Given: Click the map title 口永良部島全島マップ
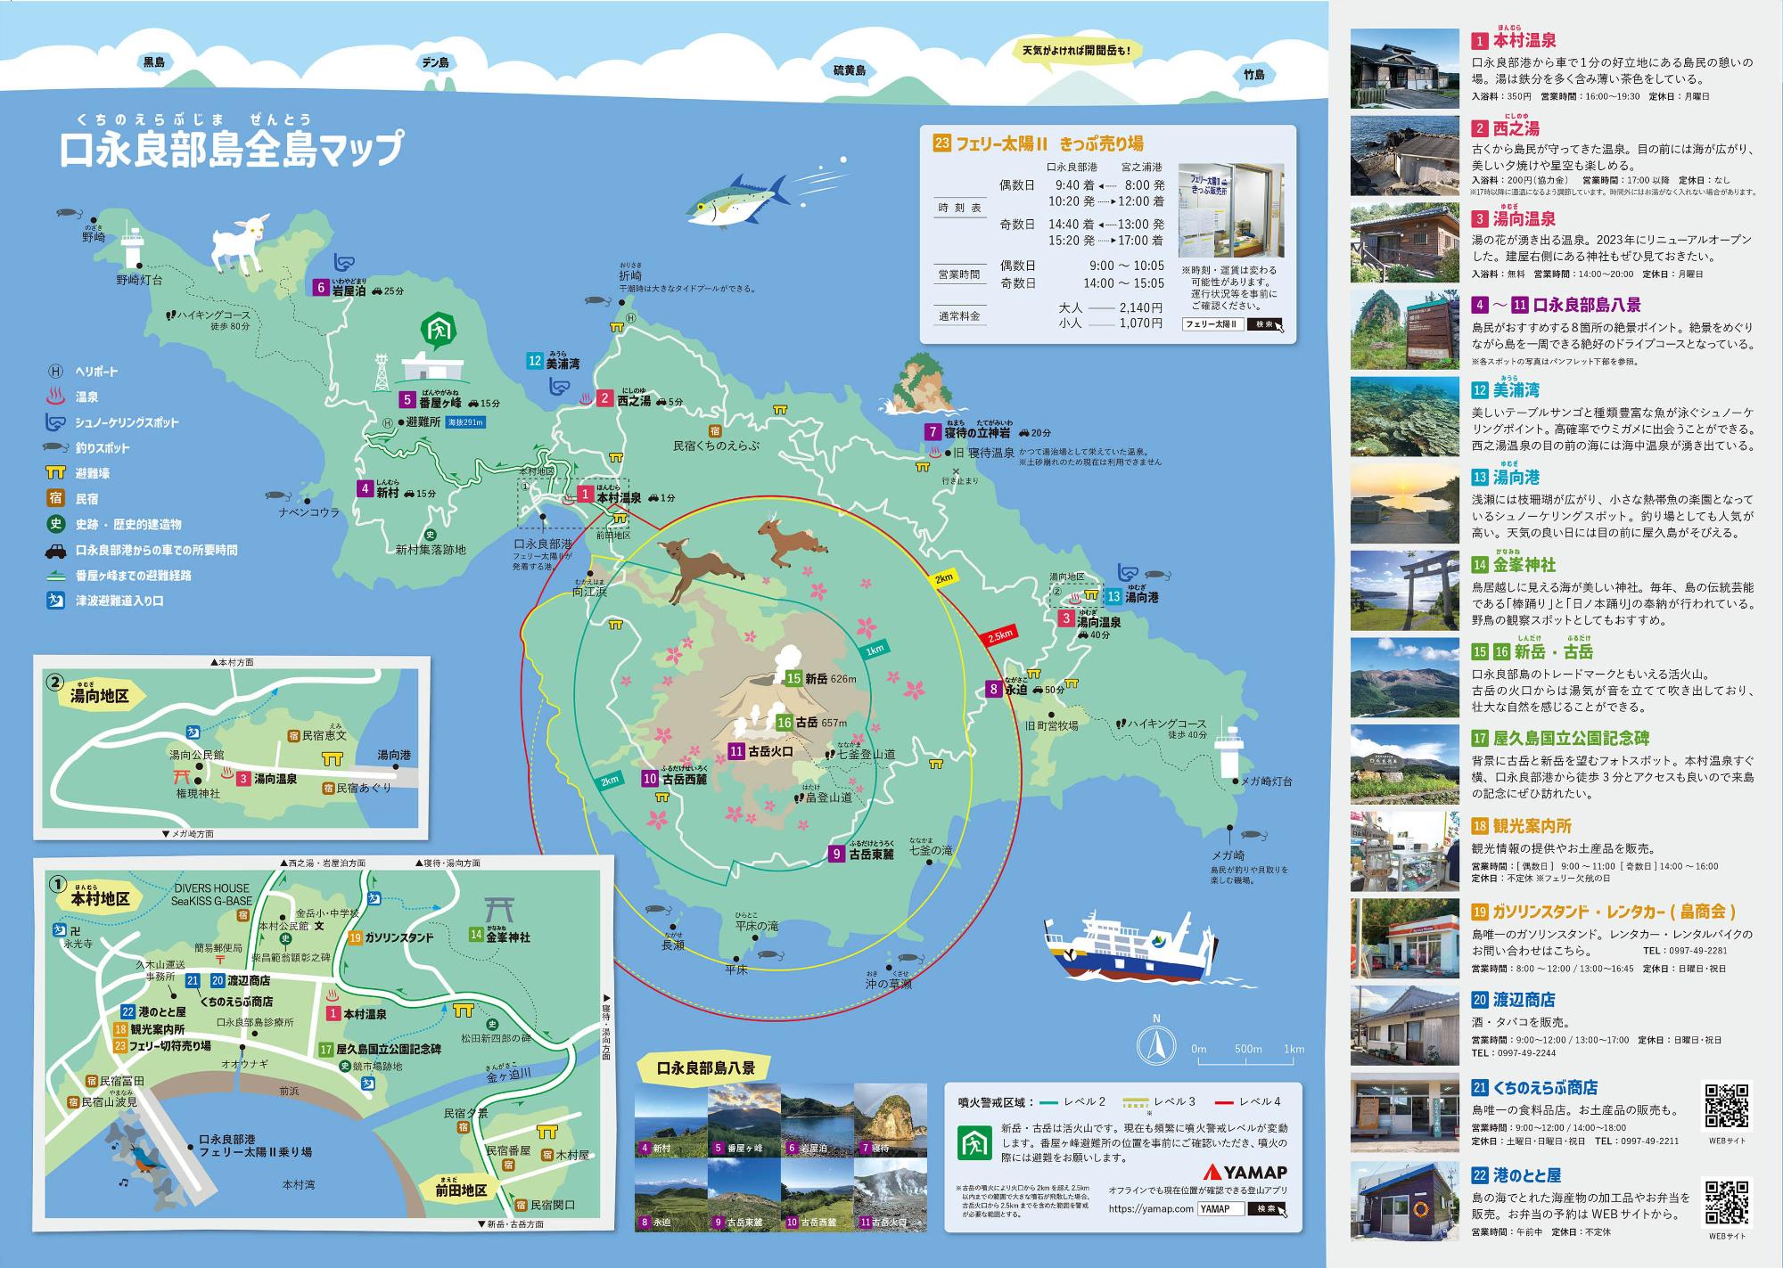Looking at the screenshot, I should (231, 148).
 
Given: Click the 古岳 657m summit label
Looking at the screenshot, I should (811, 723).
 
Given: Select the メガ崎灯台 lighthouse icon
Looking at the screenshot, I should (1228, 753).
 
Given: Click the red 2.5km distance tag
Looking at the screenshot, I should (998, 635).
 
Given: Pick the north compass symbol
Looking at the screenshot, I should (1156, 1044).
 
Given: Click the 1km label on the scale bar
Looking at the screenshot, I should (1294, 1049).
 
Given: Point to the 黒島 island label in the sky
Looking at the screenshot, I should (154, 62).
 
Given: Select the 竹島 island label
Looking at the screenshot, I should (1253, 75).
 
